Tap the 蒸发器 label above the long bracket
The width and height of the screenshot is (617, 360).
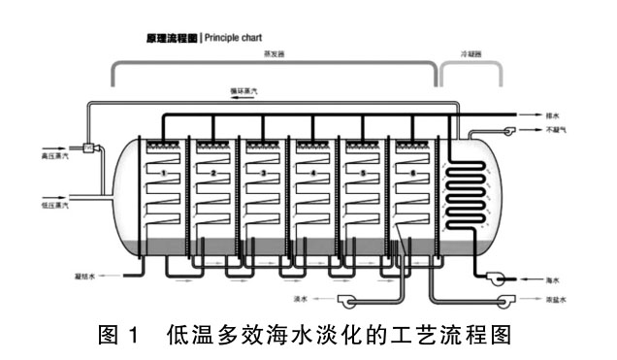[x=275, y=56]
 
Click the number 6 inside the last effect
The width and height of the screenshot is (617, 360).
[x=414, y=173]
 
